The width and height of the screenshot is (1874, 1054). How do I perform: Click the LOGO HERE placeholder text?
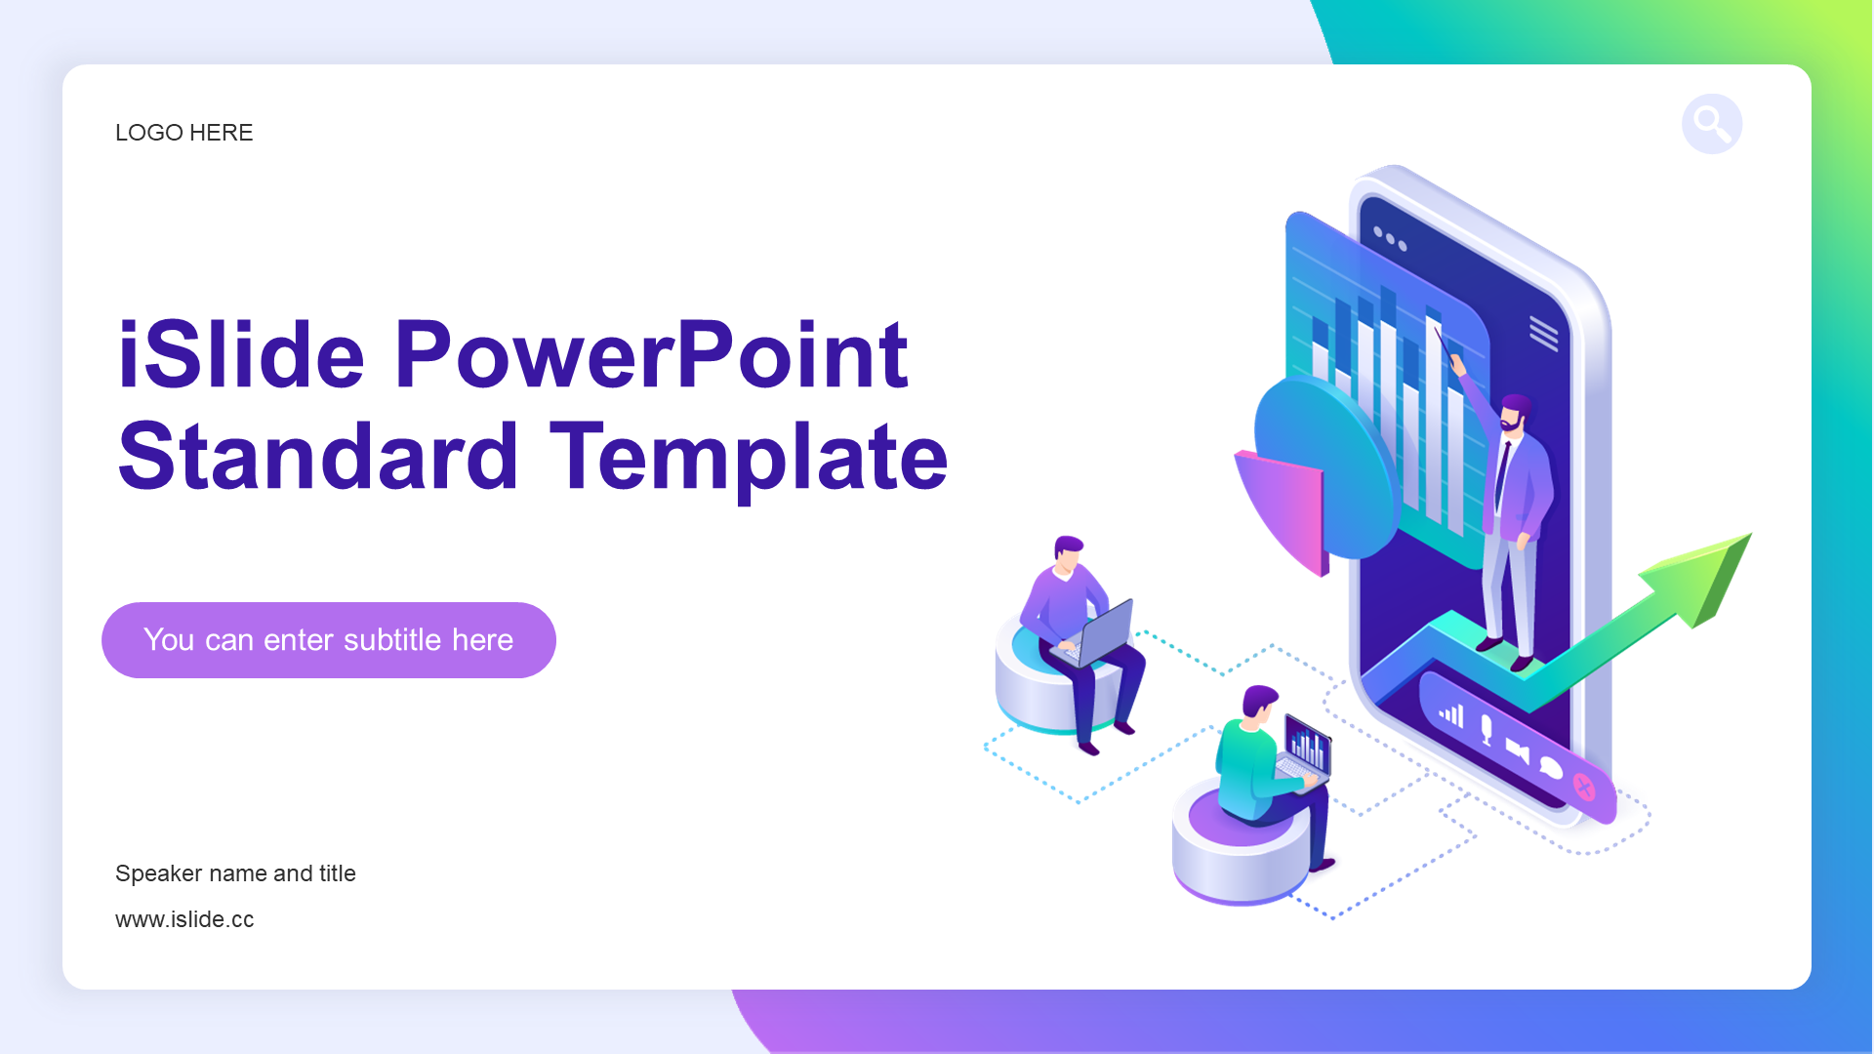183,133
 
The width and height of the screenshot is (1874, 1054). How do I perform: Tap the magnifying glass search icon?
1712,124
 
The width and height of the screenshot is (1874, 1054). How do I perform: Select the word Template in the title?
750,457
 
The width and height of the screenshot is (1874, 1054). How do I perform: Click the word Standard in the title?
318,457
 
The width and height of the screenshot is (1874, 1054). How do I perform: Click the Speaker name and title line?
235,873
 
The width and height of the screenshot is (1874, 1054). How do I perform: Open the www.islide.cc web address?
184,919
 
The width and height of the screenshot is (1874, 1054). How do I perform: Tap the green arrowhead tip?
1751,534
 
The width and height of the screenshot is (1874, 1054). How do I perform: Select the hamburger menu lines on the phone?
1543,333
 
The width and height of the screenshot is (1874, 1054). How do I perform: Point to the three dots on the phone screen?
1390,238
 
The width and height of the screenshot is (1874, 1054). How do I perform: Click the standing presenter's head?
1516,413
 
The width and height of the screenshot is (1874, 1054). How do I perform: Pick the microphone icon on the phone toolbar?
1486,729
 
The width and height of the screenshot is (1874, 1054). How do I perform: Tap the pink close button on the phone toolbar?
1584,787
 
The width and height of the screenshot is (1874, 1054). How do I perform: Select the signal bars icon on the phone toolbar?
1451,714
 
